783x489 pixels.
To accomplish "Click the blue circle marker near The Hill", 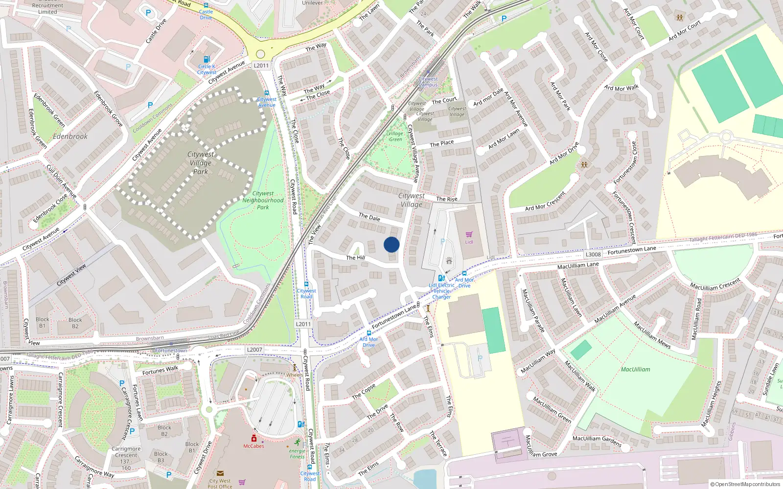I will [x=391, y=244].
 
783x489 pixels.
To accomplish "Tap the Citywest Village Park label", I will [x=201, y=163].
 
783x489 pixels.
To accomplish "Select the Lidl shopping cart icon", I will [x=469, y=235].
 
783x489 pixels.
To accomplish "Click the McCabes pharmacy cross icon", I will [x=254, y=438].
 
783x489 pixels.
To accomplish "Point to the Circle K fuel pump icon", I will [x=207, y=59].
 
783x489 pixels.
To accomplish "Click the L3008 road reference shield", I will [x=593, y=254].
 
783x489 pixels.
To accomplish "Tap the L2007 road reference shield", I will [x=254, y=350].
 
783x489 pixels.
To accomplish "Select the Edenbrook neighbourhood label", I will [x=70, y=136].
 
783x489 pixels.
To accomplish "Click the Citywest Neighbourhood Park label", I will [x=263, y=200].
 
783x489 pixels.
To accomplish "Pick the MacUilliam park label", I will [x=635, y=370].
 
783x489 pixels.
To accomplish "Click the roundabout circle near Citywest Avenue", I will [x=260, y=54].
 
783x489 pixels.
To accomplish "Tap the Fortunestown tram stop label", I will [x=171, y=351].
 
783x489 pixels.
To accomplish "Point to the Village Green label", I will [x=395, y=136].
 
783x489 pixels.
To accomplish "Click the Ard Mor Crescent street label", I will [x=545, y=201].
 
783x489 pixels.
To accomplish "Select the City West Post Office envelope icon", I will [x=220, y=473].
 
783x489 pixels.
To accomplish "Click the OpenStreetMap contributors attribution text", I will [x=744, y=484].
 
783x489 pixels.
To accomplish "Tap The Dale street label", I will [x=369, y=217].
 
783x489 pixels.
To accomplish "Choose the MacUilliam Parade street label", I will [x=533, y=311].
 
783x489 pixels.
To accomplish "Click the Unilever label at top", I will [x=312, y=3].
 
